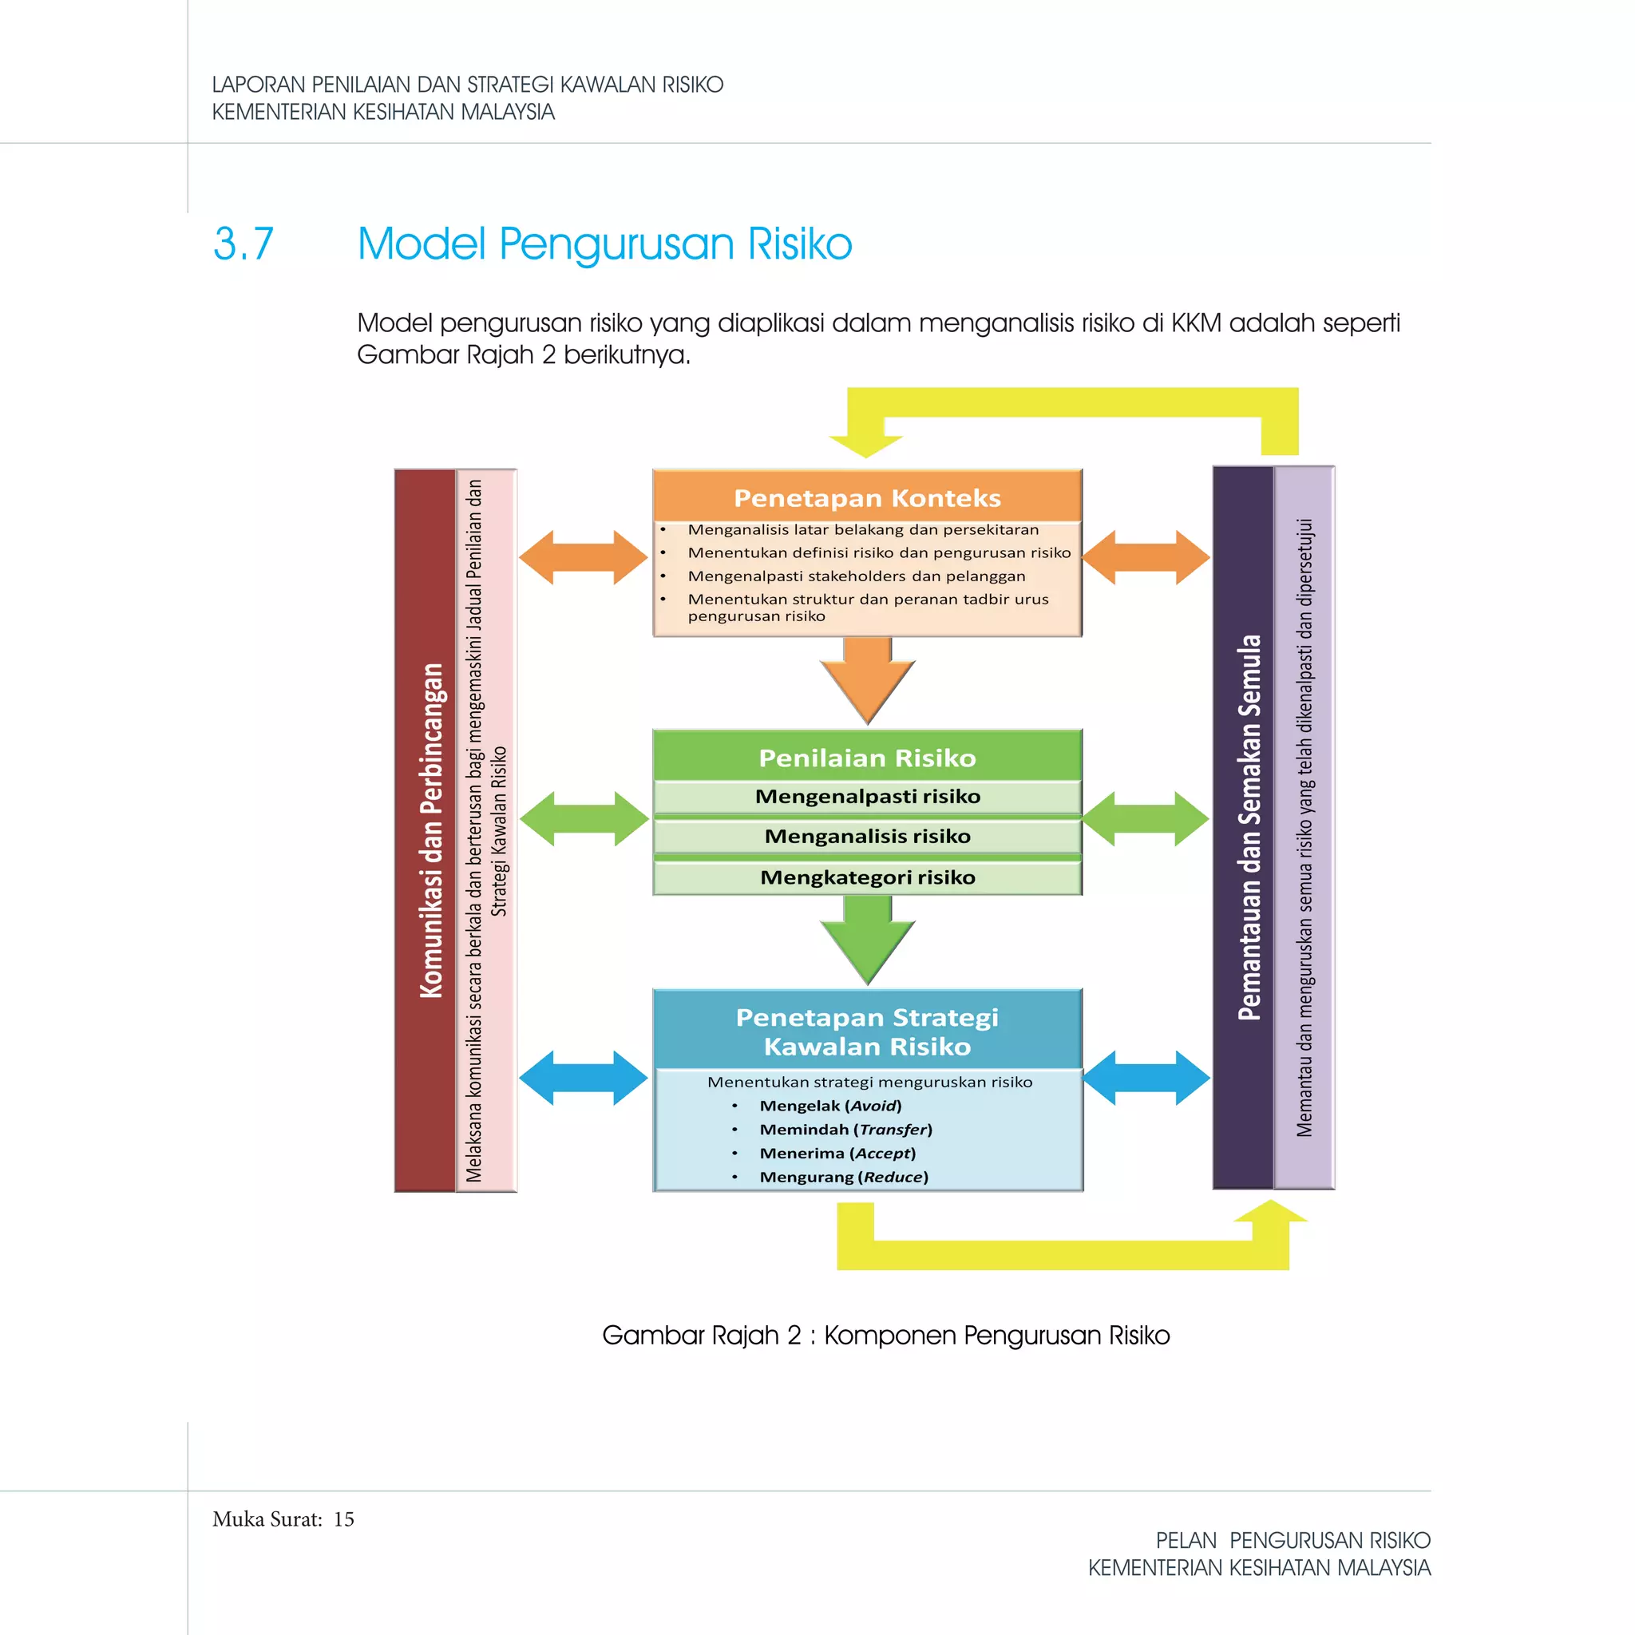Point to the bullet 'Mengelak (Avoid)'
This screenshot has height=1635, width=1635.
830,1105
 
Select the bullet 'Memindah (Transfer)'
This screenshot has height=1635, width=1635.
845,1129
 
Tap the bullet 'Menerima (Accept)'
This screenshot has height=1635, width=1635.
837,1153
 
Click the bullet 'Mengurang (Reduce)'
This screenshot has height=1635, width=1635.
843,1176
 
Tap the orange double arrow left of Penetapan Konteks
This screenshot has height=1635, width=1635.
583,557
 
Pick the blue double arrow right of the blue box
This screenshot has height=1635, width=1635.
1146,1077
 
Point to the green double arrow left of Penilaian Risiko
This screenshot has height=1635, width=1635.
583,818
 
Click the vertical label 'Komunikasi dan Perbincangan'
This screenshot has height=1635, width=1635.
432,830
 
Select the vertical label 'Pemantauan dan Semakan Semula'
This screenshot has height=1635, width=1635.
1249,827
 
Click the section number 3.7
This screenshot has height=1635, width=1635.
243,243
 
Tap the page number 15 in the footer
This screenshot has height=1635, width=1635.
343,1519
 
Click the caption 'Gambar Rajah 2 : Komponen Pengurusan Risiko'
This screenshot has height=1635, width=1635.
885,1336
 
